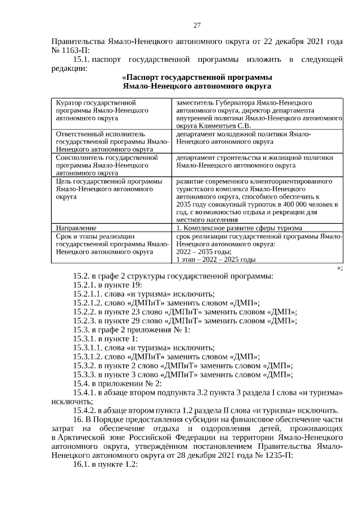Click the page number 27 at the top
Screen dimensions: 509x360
197,25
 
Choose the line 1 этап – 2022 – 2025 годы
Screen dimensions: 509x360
216,260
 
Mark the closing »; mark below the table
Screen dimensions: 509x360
339,268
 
